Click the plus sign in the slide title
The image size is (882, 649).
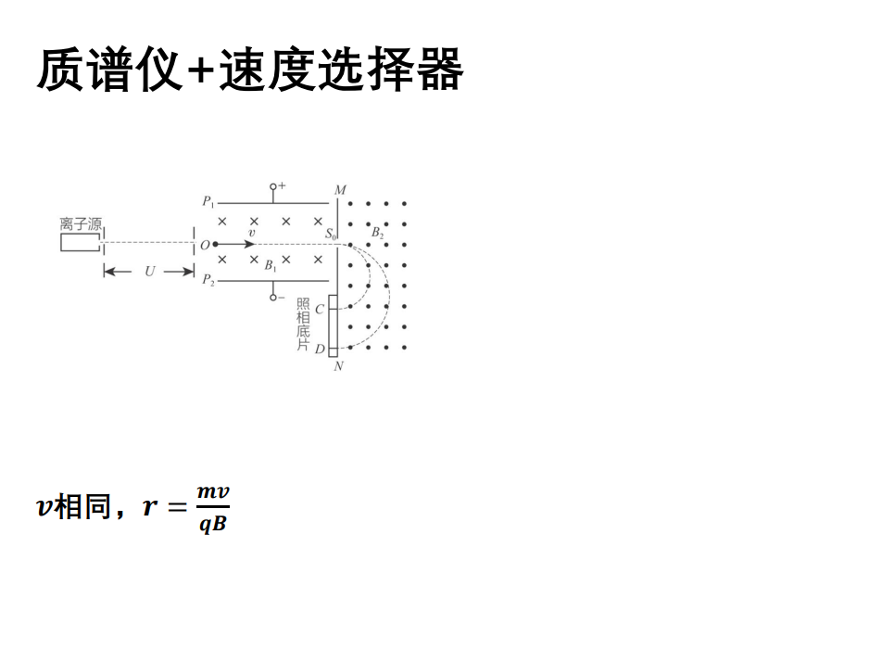[x=200, y=71]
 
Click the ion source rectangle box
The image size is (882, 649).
[x=80, y=242]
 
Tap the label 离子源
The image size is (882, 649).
[x=81, y=224]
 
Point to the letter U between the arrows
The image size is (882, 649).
[x=149, y=272]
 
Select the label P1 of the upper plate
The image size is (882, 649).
[x=208, y=201]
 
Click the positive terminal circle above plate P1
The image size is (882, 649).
[x=272, y=186]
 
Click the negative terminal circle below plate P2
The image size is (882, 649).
[x=272, y=298]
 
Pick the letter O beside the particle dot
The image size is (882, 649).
[x=205, y=245]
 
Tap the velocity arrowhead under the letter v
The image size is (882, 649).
[x=250, y=244]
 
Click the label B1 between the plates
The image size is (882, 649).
[x=271, y=265]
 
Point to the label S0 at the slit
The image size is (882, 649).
[x=331, y=235]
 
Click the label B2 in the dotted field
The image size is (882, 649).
[x=377, y=233]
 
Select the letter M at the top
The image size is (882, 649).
[x=340, y=190]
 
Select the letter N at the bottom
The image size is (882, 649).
[x=338, y=366]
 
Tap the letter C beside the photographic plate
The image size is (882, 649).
[x=320, y=309]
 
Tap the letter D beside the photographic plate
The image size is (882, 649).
[x=320, y=350]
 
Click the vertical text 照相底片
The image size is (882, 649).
[x=302, y=324]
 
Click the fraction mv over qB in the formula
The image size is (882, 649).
[x=212, y=508]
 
